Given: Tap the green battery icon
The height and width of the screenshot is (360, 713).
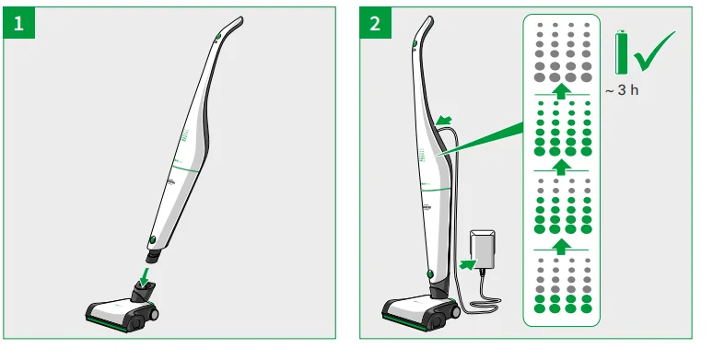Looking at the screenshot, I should (623, 52).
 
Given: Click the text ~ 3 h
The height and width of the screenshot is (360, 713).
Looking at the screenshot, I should (622, 92).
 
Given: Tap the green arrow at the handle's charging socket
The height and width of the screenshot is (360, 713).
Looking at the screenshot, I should (445, 121).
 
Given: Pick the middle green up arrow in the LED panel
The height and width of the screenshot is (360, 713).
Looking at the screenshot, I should (557, 168).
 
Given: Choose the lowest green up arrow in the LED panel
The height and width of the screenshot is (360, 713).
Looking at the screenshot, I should (557, 246).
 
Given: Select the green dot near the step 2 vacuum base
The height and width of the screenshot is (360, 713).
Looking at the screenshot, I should (429, 273).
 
